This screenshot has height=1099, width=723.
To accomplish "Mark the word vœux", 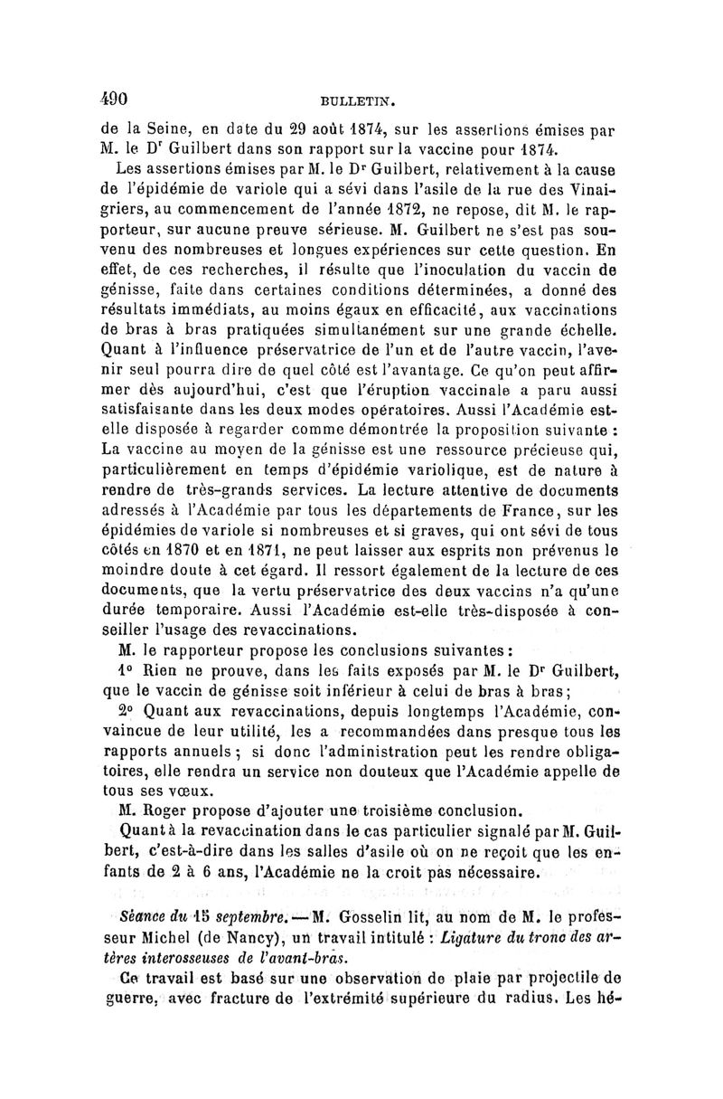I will pos(192,789).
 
